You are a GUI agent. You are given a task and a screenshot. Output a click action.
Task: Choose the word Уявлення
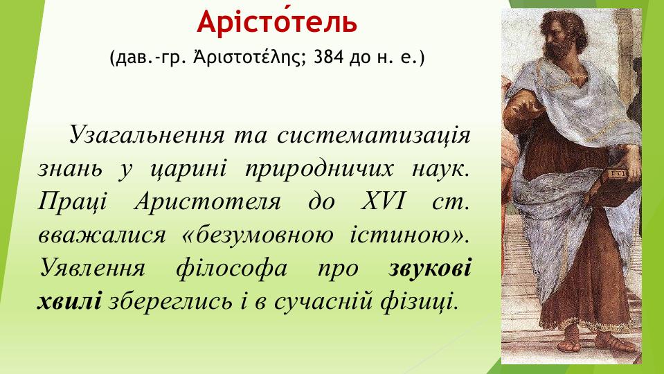90,268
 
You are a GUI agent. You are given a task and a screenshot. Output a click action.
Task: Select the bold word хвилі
69,301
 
